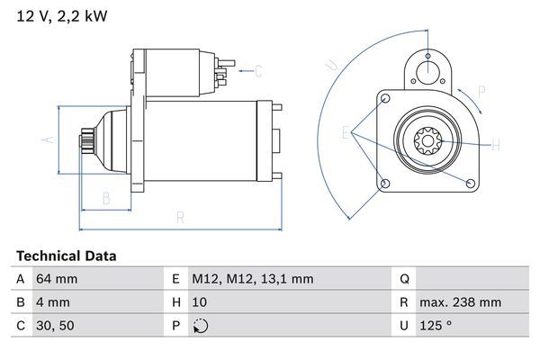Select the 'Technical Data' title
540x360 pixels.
click(x=67, y=256)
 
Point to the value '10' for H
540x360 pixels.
click(x=200, y=302)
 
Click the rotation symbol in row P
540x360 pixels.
click(x=200, y=326)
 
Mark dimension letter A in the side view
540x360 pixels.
click(x=50, y=139)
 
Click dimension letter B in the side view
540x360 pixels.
click(x=105, y=198)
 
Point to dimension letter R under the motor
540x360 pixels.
click(x=180, y=217)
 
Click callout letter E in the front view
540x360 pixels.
click(x=346, y=134)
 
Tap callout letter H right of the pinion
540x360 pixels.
click(x=496, y=144)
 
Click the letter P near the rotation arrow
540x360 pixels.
click(x=481, y=91)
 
